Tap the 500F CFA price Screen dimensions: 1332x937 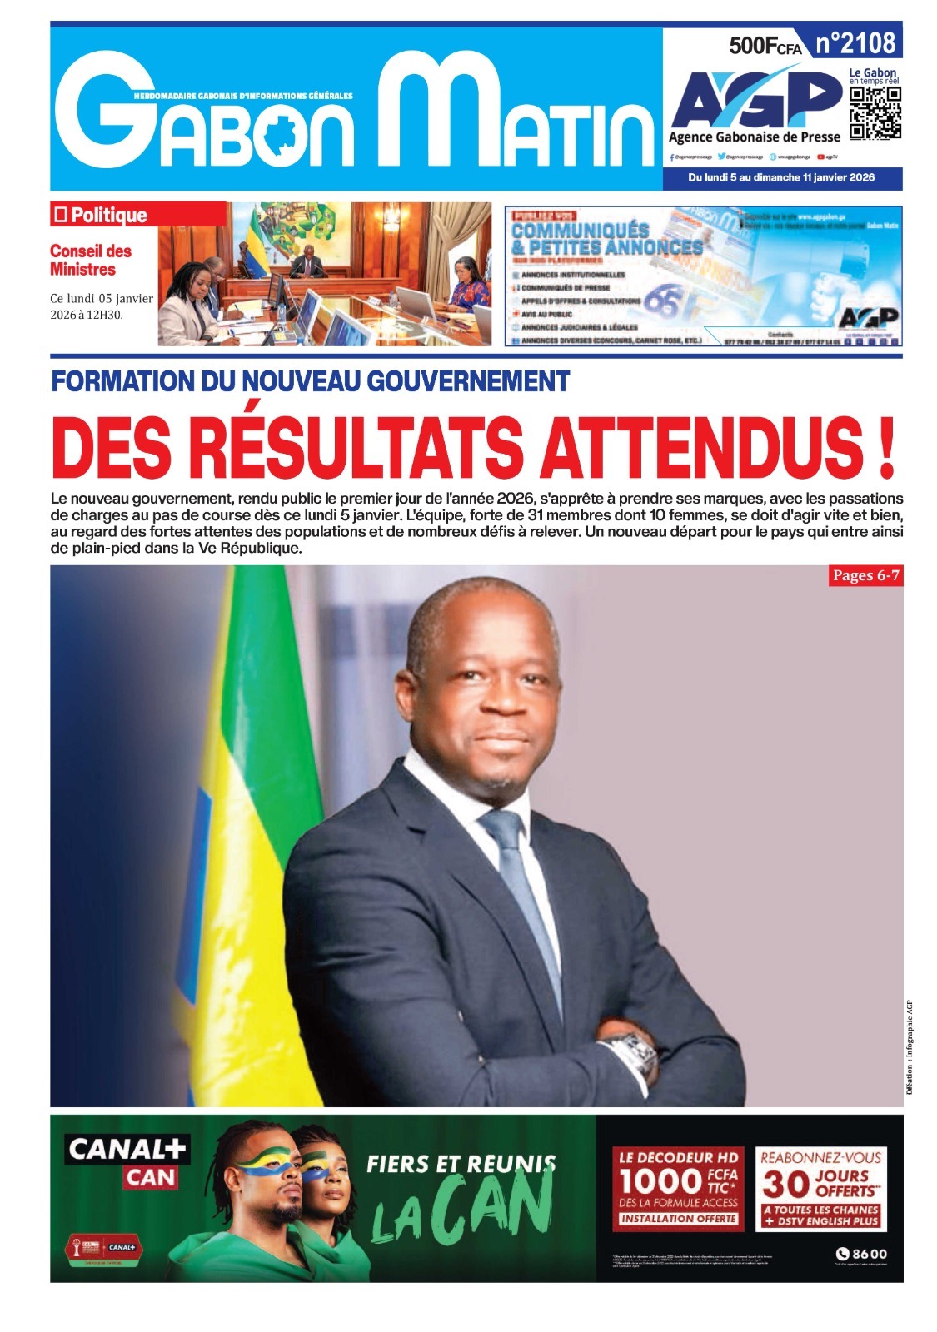click(x=764, y=47)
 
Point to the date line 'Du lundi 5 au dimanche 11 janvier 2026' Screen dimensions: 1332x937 click(x=781, y=177)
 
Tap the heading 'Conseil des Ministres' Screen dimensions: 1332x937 click(x=90, y=260)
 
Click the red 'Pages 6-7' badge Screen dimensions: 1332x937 click(x=865, y=575)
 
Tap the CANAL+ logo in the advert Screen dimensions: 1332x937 click(x=127, y=1150)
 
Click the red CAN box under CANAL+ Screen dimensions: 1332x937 click(x=151, y=1177)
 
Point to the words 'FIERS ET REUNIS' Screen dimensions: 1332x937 click(x=461, y=1163)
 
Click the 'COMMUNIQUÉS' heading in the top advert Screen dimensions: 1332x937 click(x=580, y=230)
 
